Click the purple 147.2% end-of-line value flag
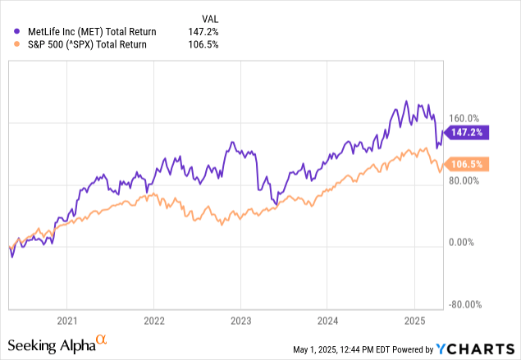466,131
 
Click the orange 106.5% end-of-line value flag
466,163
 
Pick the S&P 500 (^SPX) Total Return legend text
80,44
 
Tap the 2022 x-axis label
154,321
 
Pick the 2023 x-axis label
240,321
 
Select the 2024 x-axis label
327,321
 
